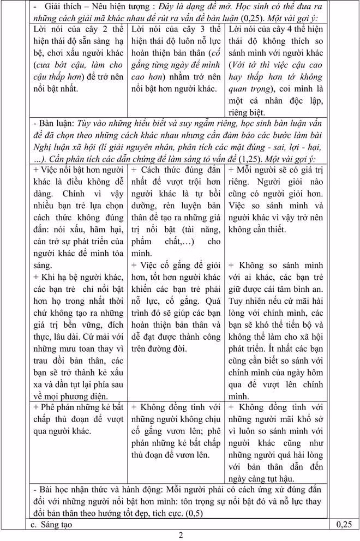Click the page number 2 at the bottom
click(181, 534)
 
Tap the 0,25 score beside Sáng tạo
click(344, 525)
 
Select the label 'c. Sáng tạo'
click(52, 525)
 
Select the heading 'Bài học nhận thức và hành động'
click(103, 489)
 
